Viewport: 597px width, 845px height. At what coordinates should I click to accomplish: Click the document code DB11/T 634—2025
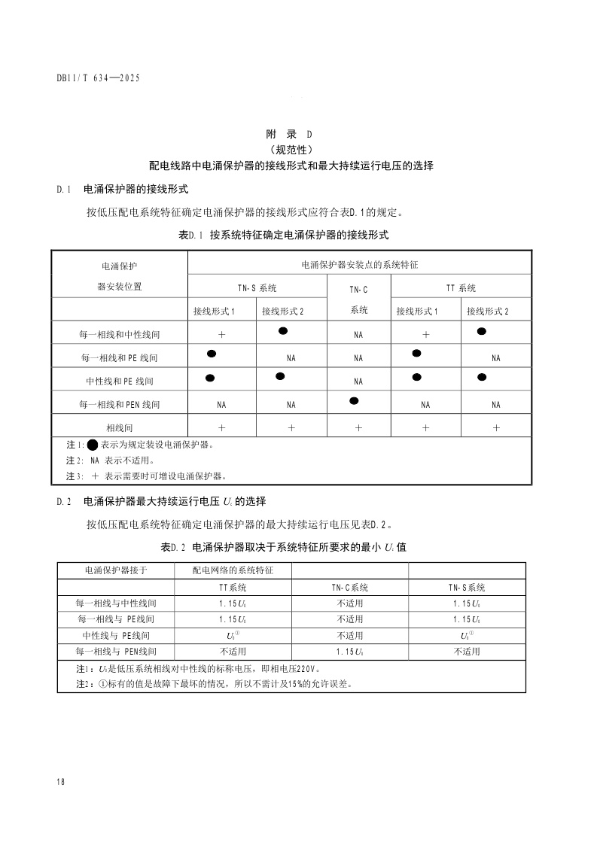tap(99, 78)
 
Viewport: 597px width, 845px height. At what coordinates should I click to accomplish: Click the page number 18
tap(60, 782)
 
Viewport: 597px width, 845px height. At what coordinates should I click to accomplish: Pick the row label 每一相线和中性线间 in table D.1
tap(120, 333)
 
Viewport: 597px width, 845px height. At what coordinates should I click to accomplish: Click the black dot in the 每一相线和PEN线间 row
tap(354, 400)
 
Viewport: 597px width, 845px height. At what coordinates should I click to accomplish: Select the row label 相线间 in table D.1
tap(120, 427)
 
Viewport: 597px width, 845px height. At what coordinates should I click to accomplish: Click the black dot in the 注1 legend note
tap(93, 444)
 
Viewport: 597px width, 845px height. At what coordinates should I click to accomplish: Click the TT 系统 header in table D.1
tap(461, 288)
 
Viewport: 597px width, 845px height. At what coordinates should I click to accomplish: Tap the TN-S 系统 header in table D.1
tap(257, 288)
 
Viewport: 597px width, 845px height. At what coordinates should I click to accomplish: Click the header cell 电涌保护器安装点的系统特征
tap(359, 265)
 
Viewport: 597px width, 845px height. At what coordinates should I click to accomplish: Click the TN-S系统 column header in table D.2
tap(467, 588)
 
